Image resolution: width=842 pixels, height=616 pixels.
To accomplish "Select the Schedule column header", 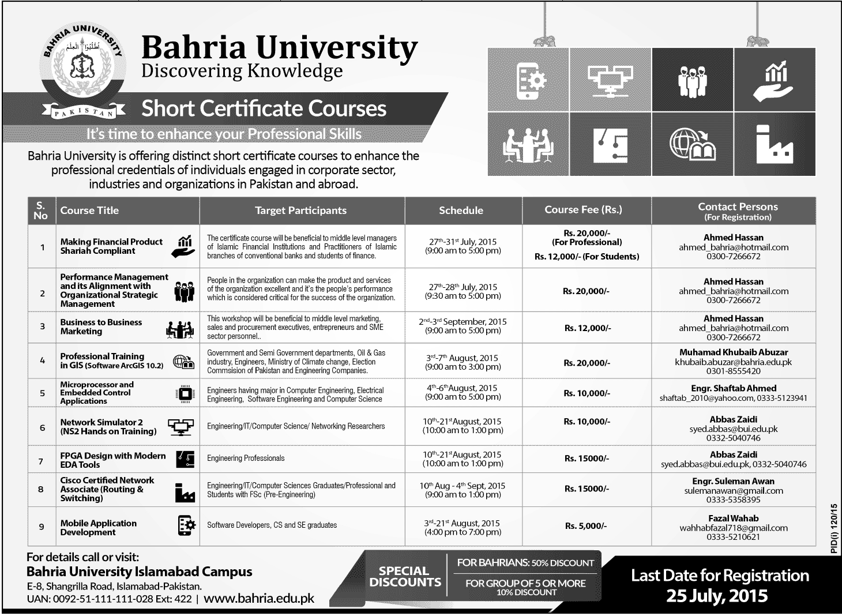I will pos(461,211).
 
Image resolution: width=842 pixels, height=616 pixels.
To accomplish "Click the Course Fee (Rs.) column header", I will pos(583,210).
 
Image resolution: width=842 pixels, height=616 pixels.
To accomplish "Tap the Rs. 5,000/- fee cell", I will pos(586,526).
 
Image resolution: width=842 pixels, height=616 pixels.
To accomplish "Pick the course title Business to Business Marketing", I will pos(101,327).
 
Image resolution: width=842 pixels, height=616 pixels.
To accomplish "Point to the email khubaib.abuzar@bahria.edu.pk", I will pos(733,362).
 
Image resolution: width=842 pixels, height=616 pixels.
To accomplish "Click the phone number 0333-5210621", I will pos(733,537).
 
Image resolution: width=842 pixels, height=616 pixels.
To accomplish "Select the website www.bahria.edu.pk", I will pos(259,599).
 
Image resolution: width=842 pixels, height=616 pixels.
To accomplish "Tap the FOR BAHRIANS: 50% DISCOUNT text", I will pos(525,563).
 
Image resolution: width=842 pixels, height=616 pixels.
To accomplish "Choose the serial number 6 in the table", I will pos(42,427).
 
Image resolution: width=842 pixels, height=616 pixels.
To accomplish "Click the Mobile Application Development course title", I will pos(99,528).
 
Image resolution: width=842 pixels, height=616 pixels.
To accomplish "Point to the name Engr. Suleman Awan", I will pos(733,481).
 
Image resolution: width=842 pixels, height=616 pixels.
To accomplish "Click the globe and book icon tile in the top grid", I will pos(693,144).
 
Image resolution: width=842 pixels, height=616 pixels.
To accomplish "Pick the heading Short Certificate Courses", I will pos(264,108).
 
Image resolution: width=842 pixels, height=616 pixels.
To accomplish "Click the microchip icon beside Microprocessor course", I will pos(185,394).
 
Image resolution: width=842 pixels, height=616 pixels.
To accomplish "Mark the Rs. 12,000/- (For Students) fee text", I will pos(587,257).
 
